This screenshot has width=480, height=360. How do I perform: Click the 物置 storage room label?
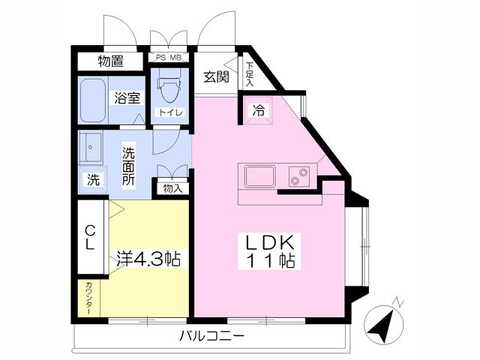click(111, 61)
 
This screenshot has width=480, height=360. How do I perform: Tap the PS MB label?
click(169, 58)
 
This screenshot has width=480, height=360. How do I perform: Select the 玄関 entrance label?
click(217, 76)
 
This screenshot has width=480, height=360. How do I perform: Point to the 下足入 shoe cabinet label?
click(250, 74)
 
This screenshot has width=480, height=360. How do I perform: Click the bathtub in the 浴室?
click(93, 100)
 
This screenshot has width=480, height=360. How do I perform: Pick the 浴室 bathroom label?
click(127, 98)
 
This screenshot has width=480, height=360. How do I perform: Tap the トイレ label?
click(170, 112)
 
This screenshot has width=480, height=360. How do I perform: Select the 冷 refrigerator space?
click(258, 110)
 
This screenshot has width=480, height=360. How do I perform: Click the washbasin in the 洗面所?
click(90, 148)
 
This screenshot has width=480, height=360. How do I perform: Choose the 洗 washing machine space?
click(93, 179)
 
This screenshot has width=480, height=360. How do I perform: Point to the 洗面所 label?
click(128, 166)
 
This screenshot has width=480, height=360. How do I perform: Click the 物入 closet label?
click(172, 188)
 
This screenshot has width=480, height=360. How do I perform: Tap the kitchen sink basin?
click(259, 176)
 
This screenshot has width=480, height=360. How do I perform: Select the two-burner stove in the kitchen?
click(298, 177)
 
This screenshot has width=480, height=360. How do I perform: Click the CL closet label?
click(90, 237)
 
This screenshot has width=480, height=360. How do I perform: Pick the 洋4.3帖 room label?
click(148, 259)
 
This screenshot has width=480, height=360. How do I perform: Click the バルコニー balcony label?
click(211, 336)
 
